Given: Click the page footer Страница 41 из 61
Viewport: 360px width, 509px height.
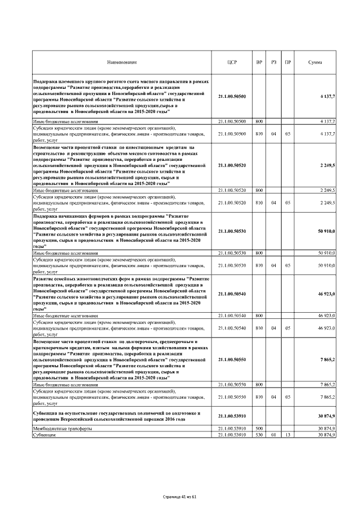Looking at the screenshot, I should tap(179, 497).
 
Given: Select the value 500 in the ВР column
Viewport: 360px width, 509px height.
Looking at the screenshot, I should tap(259, 429).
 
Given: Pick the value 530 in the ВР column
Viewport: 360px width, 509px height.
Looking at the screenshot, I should tap(259, 435).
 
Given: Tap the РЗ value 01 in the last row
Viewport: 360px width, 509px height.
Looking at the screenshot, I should tap(274, 435).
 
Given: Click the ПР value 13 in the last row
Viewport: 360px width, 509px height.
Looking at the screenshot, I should tap(288, 435).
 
